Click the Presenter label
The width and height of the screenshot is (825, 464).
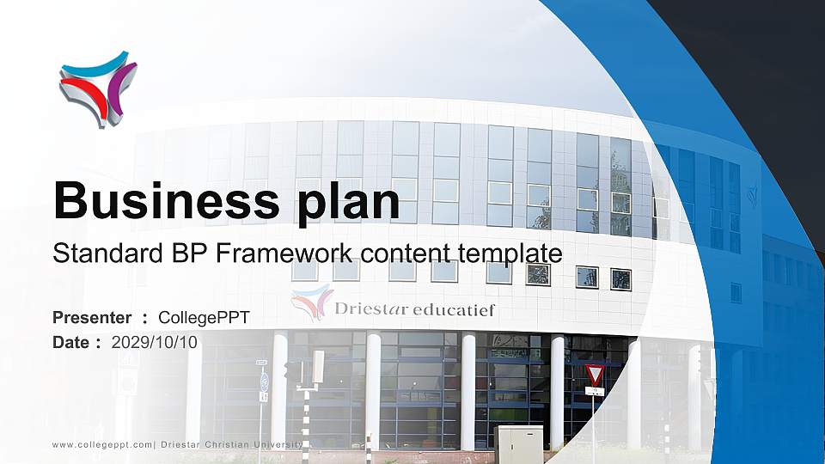92,318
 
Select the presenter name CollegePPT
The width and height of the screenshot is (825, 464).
204,318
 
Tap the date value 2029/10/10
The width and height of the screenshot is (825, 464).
155,342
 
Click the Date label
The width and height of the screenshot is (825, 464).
71,342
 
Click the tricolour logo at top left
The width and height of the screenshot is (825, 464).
97,88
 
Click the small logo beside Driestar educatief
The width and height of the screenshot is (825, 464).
311,302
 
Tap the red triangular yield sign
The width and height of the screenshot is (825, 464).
594,374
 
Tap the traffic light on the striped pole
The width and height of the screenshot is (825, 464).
295,372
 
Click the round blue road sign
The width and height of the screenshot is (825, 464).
264,379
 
